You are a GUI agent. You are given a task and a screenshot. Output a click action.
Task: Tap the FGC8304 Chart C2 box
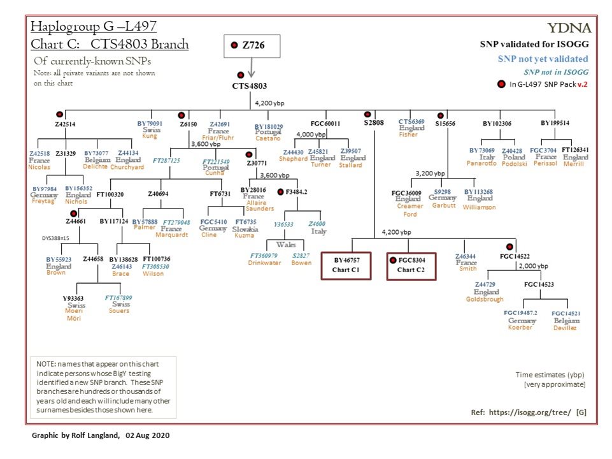click(412, 265)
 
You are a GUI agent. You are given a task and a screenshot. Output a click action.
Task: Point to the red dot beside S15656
click(440, 115)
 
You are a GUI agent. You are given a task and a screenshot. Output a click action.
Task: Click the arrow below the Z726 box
click(252, 66)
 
